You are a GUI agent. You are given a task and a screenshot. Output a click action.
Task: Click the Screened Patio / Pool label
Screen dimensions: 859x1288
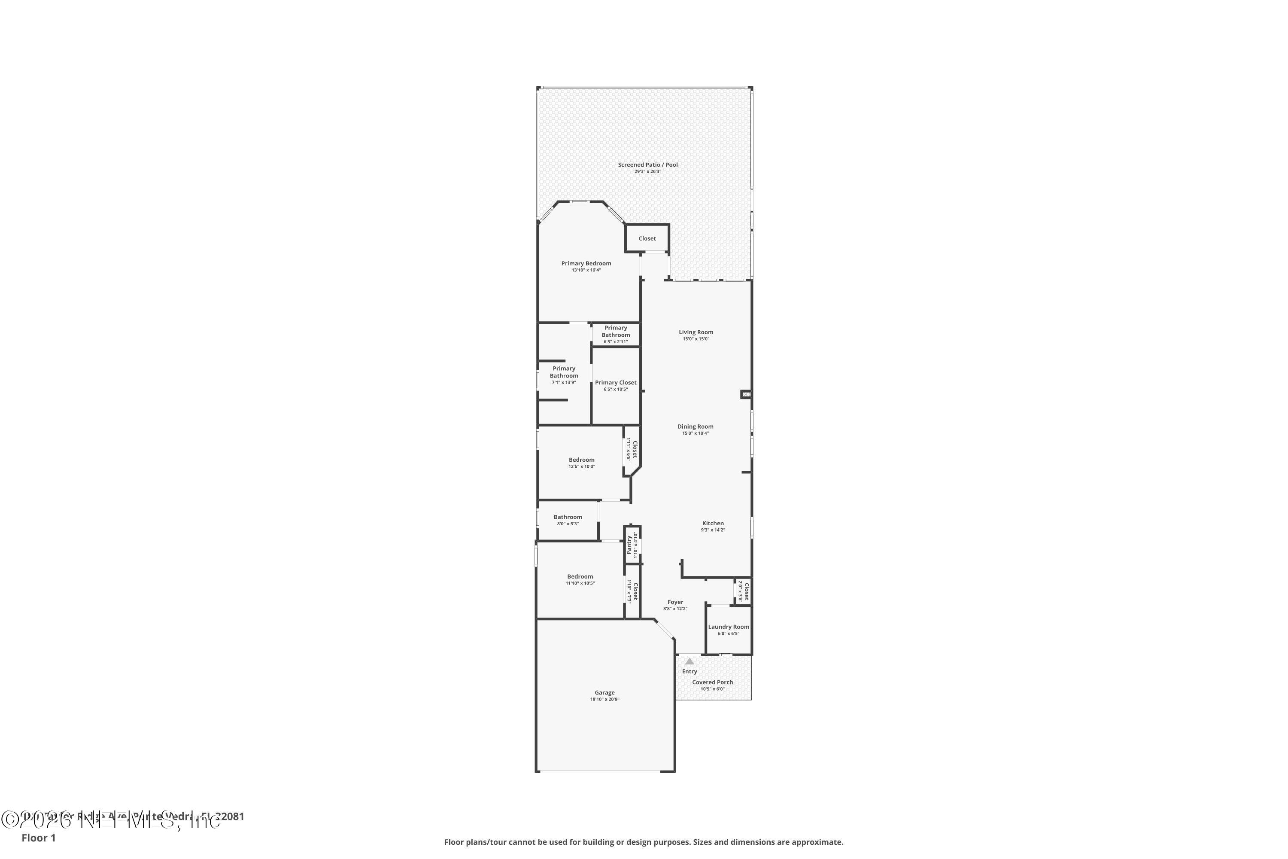[648, 165]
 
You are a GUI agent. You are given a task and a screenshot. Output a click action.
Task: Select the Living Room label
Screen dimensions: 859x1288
[696, 332]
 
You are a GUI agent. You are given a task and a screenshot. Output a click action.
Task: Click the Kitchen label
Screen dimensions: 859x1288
[713, 524]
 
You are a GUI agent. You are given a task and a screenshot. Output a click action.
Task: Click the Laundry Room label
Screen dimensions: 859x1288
[728, 627]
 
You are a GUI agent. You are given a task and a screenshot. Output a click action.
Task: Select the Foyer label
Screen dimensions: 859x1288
[675, 602]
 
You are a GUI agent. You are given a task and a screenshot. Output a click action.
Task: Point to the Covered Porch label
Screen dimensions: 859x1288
[712, 682]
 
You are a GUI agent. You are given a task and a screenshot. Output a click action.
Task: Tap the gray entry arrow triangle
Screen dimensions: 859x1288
[690, 662]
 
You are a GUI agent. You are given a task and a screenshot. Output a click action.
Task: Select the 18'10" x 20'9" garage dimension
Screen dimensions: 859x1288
[605, 700]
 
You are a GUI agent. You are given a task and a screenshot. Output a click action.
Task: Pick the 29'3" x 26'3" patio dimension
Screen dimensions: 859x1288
[648, 171]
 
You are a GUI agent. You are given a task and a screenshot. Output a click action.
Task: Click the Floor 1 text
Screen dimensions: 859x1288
[38, 838]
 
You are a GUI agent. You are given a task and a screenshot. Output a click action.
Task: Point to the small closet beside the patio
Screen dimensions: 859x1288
[647, 238]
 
